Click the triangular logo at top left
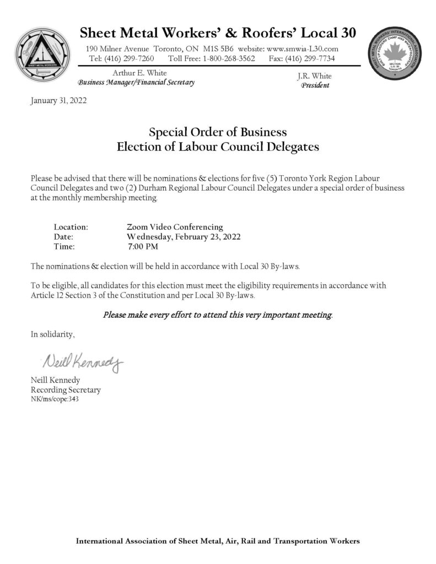pos(42,55)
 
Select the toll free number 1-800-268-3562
pos(229,58)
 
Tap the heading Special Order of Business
pos(218,133)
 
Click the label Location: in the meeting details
pos(71,227)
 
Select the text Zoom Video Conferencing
pos(175,227)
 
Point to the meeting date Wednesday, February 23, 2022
pos(184,237)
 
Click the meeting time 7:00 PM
pos(143,247)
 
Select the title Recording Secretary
pos(66,390)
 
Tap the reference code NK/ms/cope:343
pos(55,399)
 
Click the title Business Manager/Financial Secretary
pos(136,83)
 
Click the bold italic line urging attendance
pos(218,316)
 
